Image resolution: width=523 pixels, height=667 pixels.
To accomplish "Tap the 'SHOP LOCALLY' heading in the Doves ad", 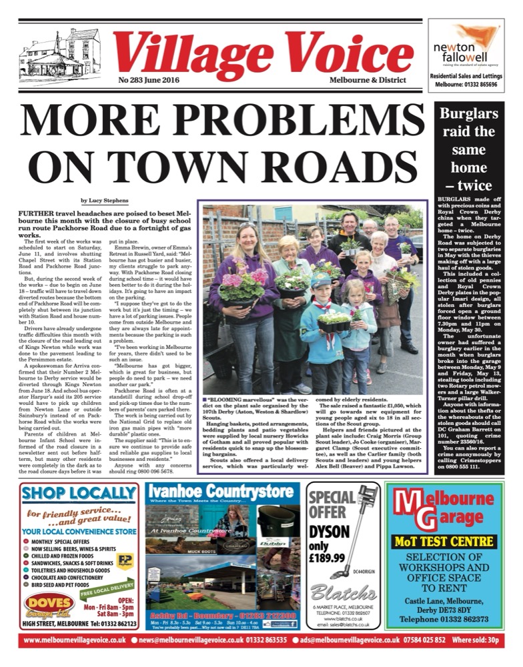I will [79, 494].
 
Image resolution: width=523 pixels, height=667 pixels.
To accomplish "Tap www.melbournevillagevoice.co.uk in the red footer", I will [75, 640].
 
